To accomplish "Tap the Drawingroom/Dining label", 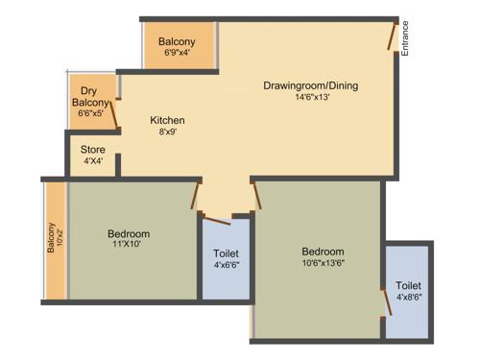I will click(x=310, y=85).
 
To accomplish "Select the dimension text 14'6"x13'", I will click(x=310, y=98).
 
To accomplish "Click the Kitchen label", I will click(x=167, y=120).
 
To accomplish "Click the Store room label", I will click(x=92, y=149).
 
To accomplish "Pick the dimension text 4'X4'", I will click(x=92, y=161).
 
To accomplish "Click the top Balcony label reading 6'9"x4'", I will click(x=177, y=42).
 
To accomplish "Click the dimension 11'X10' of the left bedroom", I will click(x=128, y=246).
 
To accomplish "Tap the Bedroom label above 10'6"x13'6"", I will click(x=322, y=252).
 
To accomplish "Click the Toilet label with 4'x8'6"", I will click(x=408, y=285).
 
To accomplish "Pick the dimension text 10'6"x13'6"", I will click(x=322, y=265).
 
